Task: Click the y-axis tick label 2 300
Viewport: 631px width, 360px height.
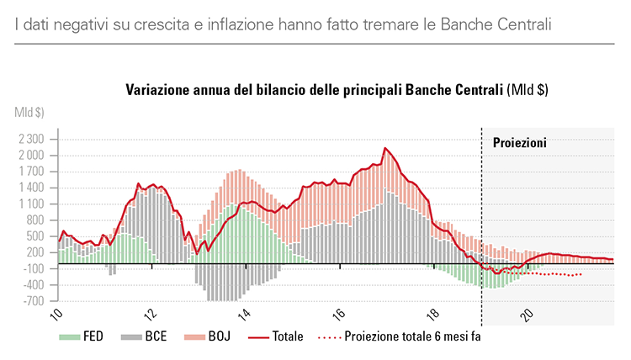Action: [30, 139]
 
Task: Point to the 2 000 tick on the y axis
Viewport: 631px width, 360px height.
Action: [30, 156]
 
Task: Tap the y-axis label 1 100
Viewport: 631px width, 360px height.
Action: [30, 204]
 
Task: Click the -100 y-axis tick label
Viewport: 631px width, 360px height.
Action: [33, 268]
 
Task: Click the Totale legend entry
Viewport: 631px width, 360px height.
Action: [287, 336]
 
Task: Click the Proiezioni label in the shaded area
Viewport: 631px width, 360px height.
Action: [519, 143]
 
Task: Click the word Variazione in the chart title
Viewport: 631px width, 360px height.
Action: [159, 89]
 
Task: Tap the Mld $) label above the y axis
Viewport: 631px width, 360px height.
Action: [29, 111]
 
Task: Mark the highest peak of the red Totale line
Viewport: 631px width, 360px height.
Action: [384, 148]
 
